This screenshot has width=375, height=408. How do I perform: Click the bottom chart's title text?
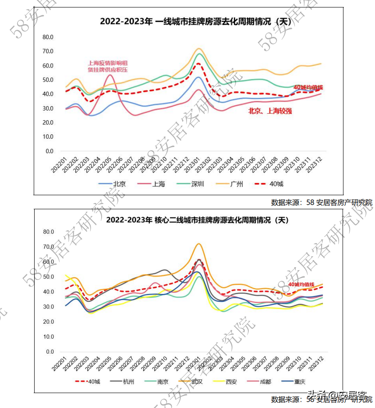(198, 219)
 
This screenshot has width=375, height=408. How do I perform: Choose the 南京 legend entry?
(163, 381)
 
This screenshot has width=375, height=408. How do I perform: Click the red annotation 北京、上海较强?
(270, 111)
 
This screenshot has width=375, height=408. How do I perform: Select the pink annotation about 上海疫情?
(108, 66)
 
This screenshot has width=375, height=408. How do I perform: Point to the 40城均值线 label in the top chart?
(308, 87)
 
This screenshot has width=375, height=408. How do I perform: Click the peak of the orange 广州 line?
(199, 49)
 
